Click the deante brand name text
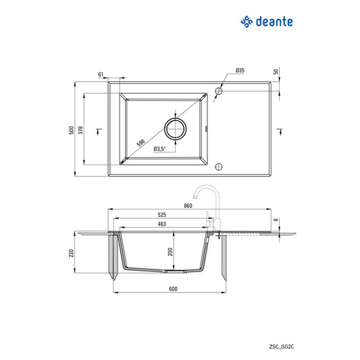click(x=274, y=22)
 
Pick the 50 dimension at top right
click(x=276, y=72)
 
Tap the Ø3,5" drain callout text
click(x=160, y=149)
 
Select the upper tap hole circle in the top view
click(x=218, y=90)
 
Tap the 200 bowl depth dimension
click(x=171, y=251)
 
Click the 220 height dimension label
click(x=71, y=255)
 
